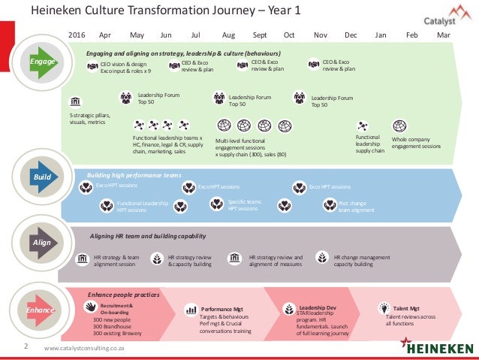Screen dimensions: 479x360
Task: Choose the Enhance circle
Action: point(39,309)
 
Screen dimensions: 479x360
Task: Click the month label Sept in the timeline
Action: point(260,35)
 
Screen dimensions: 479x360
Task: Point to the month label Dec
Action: point(351,35)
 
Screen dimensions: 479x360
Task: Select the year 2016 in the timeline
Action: point(77,35)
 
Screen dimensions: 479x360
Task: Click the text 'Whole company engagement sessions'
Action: point(416,142)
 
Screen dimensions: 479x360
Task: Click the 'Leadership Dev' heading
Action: point(317,307)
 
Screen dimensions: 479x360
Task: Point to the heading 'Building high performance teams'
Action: point(134,175)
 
